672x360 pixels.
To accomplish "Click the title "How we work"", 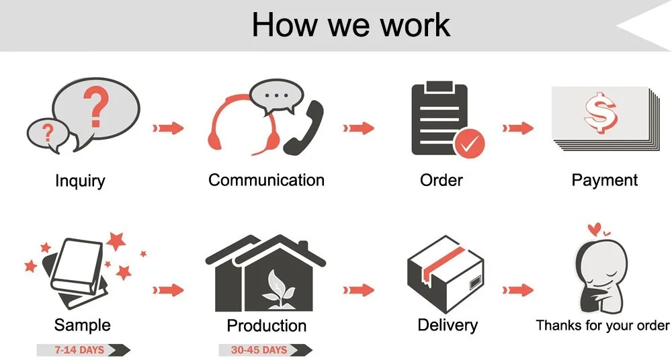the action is click(x=351, y=25).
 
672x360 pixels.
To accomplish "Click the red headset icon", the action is click(x=243, y=125).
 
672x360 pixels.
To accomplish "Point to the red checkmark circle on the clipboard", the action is click(x=469, y=144).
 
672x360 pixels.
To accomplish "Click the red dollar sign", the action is click(x=600, y=112).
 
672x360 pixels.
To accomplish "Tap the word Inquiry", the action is click(x=80, y=181).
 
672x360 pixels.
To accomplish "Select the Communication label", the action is click(x=266, y=180).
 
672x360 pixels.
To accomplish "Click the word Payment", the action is click(x=604, y=181).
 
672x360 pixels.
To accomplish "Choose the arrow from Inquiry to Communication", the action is click(x=168, y=128).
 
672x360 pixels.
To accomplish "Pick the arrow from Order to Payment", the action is click(x=517, y=128).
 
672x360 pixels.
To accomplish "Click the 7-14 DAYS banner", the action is click(x=83, y=350).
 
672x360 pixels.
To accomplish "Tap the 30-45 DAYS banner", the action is click(x=265, y=350).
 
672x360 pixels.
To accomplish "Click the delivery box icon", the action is click(x=446, y=275).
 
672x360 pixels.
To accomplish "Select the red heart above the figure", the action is click(x=595, y=229).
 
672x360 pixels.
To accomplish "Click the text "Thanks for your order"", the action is click(x=603, y=325).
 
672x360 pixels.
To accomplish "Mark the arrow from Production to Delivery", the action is click(x=359, y=290).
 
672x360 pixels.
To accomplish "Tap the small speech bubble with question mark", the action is click(x=47, y=134).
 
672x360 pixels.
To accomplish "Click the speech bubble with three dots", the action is click(x=276, y=97).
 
